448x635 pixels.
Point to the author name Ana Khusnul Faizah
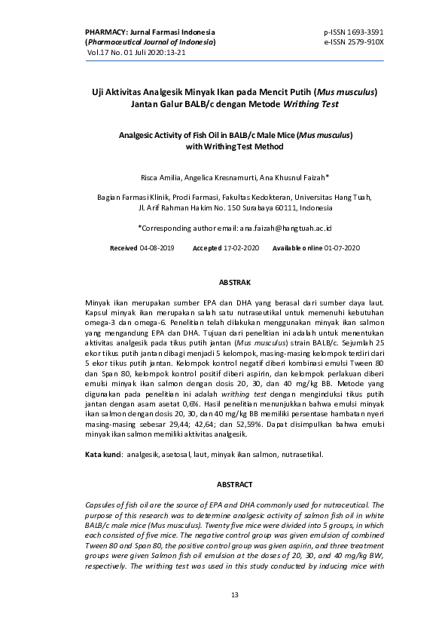(295, 178)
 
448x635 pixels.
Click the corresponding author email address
(286, 227)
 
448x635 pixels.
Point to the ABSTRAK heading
(234, 282)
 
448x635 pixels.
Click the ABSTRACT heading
(234, 484)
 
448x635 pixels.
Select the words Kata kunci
(103, 455)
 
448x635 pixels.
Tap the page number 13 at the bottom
(234, 596)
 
